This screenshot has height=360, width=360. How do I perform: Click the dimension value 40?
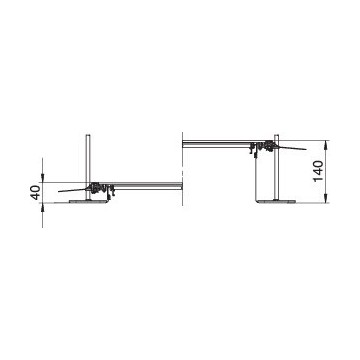tap(35, 192)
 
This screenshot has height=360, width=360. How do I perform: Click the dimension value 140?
tap(318, 171)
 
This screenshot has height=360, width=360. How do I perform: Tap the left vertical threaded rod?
tap(88, 167)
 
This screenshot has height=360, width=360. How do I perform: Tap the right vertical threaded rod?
tap(276, 167)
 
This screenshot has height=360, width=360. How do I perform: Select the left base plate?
tap(89, 201)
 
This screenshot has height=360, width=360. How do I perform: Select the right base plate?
tap(277, 201)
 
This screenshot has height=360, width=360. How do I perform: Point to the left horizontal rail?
tap(148, 186)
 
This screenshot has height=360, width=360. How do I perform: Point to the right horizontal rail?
tap(217, 144)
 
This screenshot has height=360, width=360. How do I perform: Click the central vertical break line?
tap(183, 168)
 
